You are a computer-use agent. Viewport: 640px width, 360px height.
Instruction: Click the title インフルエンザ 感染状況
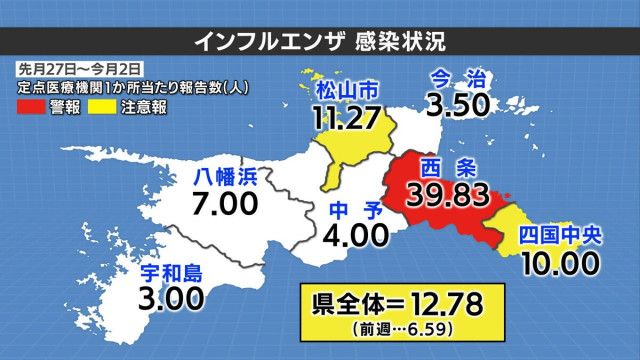(x=319, y=41)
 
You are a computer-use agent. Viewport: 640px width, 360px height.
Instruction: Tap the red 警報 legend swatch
(x=32, y=104)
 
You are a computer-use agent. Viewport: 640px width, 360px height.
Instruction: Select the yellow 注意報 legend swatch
(x=103, y=104)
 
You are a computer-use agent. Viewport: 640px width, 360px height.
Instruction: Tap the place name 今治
(x=457, y=76)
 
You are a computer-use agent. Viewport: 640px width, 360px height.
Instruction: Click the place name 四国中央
(x=559, y=237)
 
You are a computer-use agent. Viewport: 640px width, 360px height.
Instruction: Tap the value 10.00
(x=559, y=264)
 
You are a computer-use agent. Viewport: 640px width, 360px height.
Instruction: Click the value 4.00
(x=357, y=236)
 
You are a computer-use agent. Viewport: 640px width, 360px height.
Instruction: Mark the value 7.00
(x=226, y=207)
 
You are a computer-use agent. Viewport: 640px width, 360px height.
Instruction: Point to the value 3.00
(x=171, y=297)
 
